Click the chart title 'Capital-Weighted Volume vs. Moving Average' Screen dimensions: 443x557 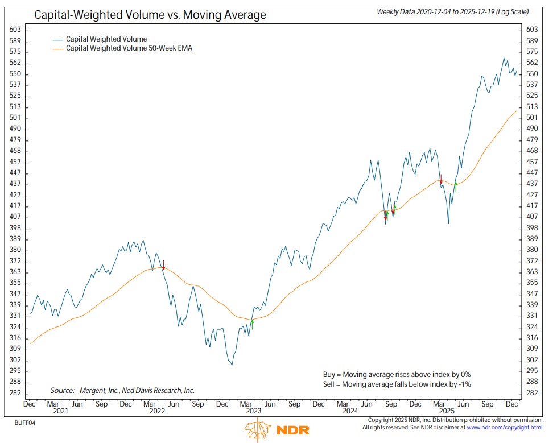click(150, 15)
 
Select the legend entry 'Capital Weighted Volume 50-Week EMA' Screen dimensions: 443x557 click(129, 49)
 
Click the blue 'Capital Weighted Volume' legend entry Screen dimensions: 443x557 click(106, 39)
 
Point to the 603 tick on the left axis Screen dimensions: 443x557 click(16, 30)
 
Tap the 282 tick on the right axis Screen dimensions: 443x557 click(532, 393)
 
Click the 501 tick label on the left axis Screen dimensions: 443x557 click(16, 118)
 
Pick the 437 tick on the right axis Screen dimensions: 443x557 click(532, 184)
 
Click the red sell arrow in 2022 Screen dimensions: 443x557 click(163, 266)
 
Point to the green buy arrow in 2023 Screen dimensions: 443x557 click(251, 324)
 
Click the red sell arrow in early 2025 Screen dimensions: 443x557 click(441, 179)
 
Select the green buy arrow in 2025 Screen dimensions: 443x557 click(456, 186)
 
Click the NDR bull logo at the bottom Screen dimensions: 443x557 click(257, 430)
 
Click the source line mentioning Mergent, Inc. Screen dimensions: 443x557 click(122, 390)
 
